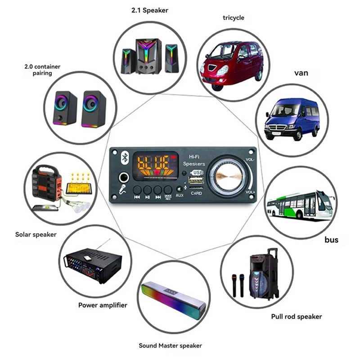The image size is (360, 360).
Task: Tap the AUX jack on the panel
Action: click(x=180, y=189)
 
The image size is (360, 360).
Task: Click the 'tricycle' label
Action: click(x=233, y=18)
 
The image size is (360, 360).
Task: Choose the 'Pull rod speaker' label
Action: click(x=297, y=316)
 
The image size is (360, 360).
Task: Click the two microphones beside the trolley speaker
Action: click(x=238, y=284)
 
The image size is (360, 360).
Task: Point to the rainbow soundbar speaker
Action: click(x=174, y=303)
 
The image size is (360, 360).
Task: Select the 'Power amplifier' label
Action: click(x=103, y=305)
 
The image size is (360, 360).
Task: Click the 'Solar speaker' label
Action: click(x=36, y=234)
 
